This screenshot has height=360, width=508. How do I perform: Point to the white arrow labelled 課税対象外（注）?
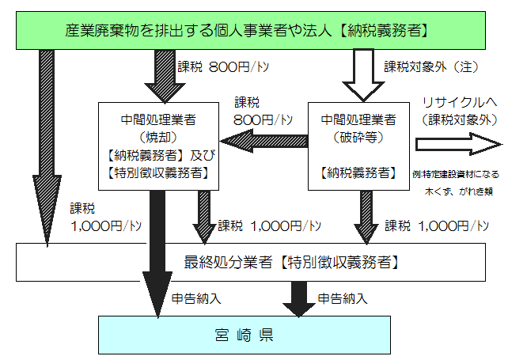[x=361, y=75]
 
